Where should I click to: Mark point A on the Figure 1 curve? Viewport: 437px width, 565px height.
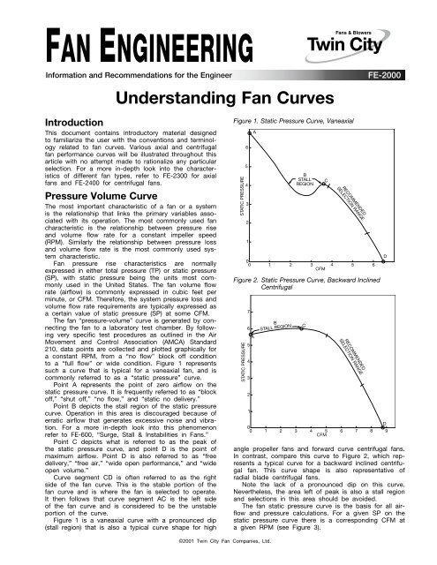click(254, 133)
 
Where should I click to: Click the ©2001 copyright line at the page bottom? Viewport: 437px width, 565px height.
click(219, 555)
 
